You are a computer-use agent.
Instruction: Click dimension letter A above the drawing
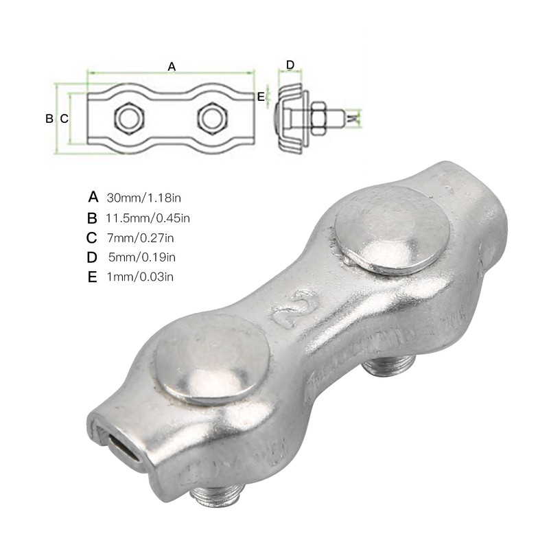pos(172,67)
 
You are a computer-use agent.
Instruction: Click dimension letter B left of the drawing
pos(49,118)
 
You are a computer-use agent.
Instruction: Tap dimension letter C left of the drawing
pos(64,118)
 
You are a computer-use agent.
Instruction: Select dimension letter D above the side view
pos(290,65)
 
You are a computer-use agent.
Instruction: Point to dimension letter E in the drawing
pos(261,97)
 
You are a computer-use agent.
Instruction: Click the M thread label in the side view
pos(353,119)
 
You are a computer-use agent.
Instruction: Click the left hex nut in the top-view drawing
pos(128,117)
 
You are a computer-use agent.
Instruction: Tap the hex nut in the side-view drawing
pos(319,119)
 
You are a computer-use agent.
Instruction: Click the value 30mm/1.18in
pos(143,198)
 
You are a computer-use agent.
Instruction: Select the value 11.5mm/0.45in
pos(148,218)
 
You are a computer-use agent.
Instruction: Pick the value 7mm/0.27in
pos(141,238)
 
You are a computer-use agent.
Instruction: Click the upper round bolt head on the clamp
pos(390,228)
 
